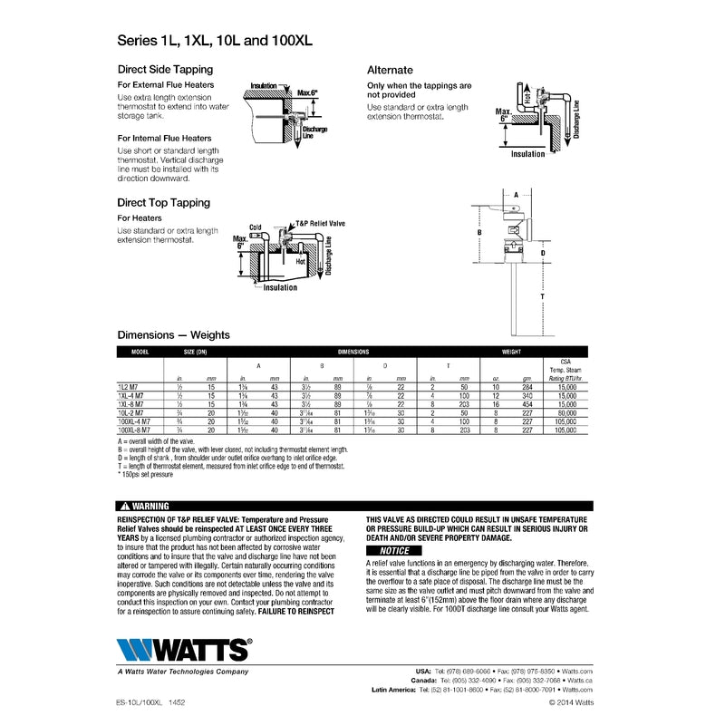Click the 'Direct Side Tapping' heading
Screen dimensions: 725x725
coord(165,69)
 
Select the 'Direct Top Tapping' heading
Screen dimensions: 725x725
coord(163,203)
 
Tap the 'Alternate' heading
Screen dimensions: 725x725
coord(390,70)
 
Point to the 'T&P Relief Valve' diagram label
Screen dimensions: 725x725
coord(321,222)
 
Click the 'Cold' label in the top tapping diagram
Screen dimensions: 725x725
coord(256,227)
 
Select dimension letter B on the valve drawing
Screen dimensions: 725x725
coord(478,233)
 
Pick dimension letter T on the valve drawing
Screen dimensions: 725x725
coord(542,296)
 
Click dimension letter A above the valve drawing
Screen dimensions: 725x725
coord(516,195)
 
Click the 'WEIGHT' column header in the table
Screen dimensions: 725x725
coord(512,350)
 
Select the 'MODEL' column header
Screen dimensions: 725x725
coord(140,350)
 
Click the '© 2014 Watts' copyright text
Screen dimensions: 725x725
coord(571,701)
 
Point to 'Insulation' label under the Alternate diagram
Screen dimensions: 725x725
coord(528,154)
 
